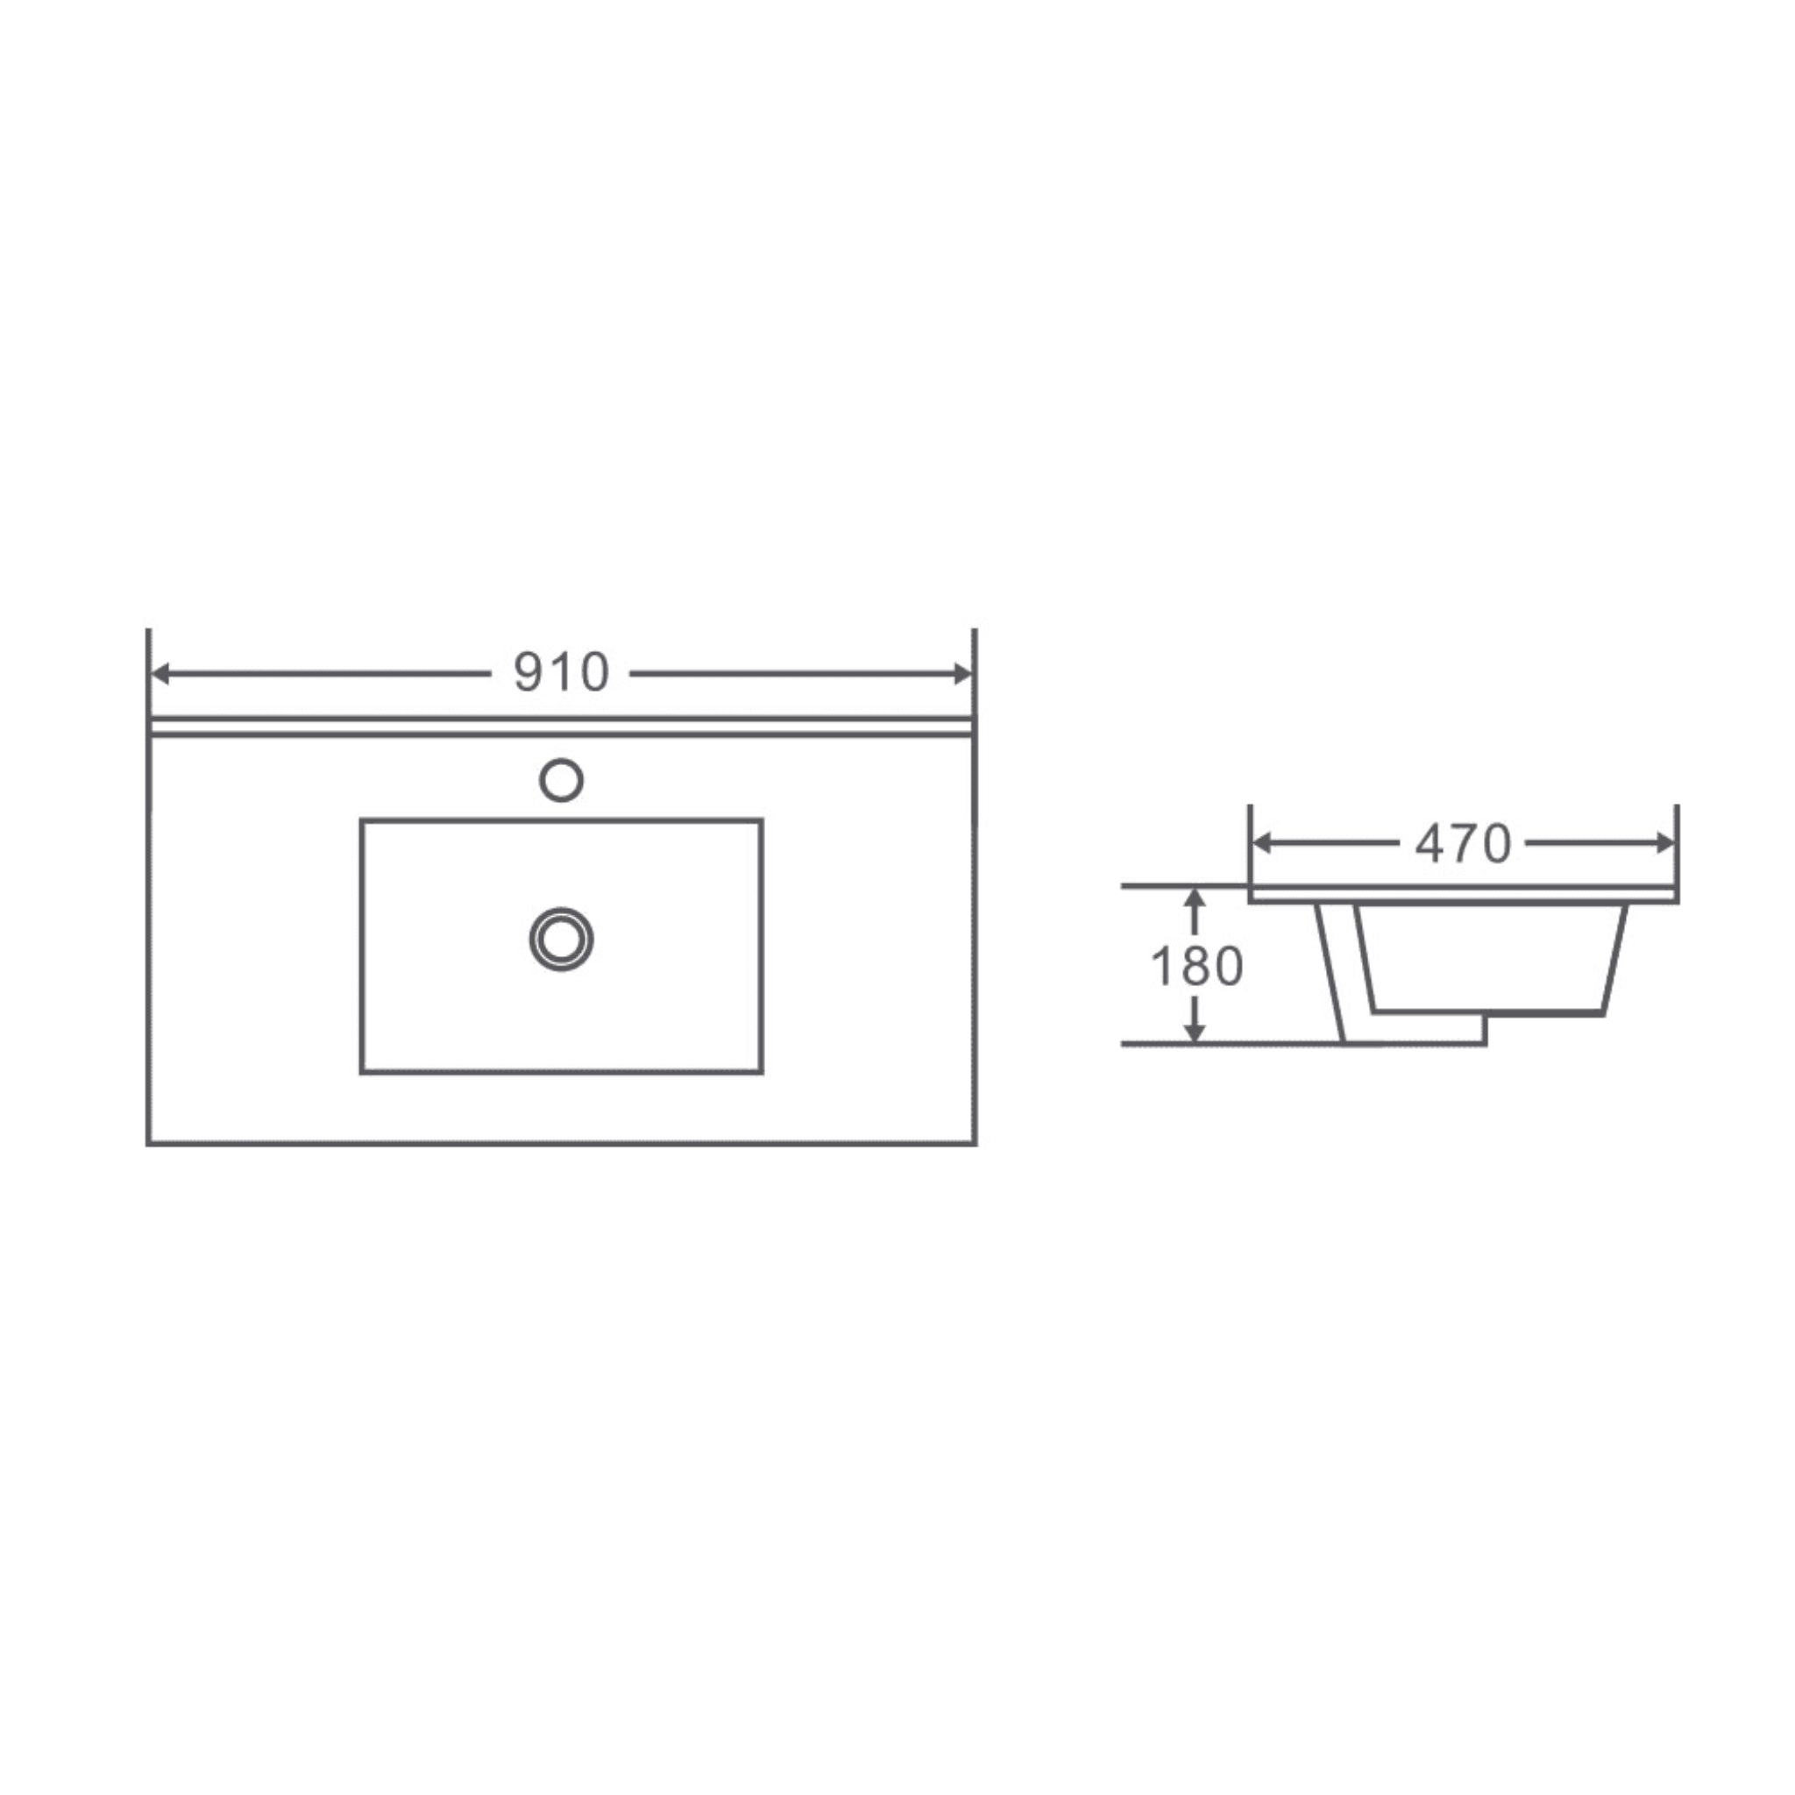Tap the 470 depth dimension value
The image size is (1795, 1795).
pos(1464,844)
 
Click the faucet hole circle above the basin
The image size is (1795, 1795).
pos(561,779)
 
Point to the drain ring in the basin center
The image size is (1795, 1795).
pos(561,940)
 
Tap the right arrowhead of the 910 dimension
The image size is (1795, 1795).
pos(962,674)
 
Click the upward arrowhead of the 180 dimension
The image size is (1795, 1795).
pos(1195,897)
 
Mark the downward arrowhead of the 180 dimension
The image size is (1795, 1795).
pos(1195,1033)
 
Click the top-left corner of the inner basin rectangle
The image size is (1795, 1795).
pos(362,820)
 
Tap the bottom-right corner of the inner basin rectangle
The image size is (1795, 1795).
pos(761,1072)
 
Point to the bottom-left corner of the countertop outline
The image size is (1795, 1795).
pos(149,1143)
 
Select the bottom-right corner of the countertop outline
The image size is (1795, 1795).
pos(975,1143)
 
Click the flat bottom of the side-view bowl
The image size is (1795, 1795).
pos(1486,1012)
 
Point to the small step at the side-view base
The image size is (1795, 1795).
pos(1485,1030)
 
